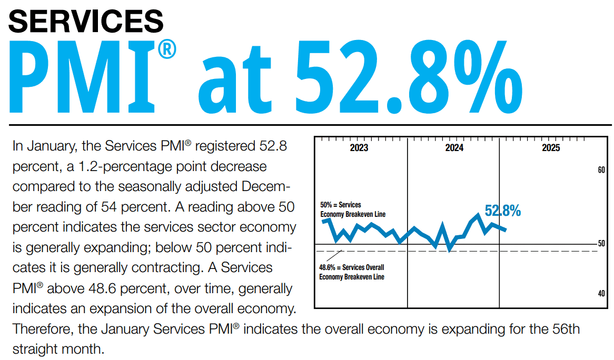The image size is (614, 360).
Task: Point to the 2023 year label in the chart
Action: click(359, 148)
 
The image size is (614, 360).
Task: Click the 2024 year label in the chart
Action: click(454, 148)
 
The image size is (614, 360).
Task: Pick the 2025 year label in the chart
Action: click(551, 148)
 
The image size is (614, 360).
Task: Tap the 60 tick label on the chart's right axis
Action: click(601, 170)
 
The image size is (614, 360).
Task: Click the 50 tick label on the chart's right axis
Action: click(601, 244)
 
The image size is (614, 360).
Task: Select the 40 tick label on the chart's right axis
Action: click(601, 294)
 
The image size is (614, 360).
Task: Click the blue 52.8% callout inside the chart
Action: click(502, 211)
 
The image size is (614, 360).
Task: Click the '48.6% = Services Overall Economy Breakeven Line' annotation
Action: click(352, 272)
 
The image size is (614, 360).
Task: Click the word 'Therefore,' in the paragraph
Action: click(43, 329)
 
